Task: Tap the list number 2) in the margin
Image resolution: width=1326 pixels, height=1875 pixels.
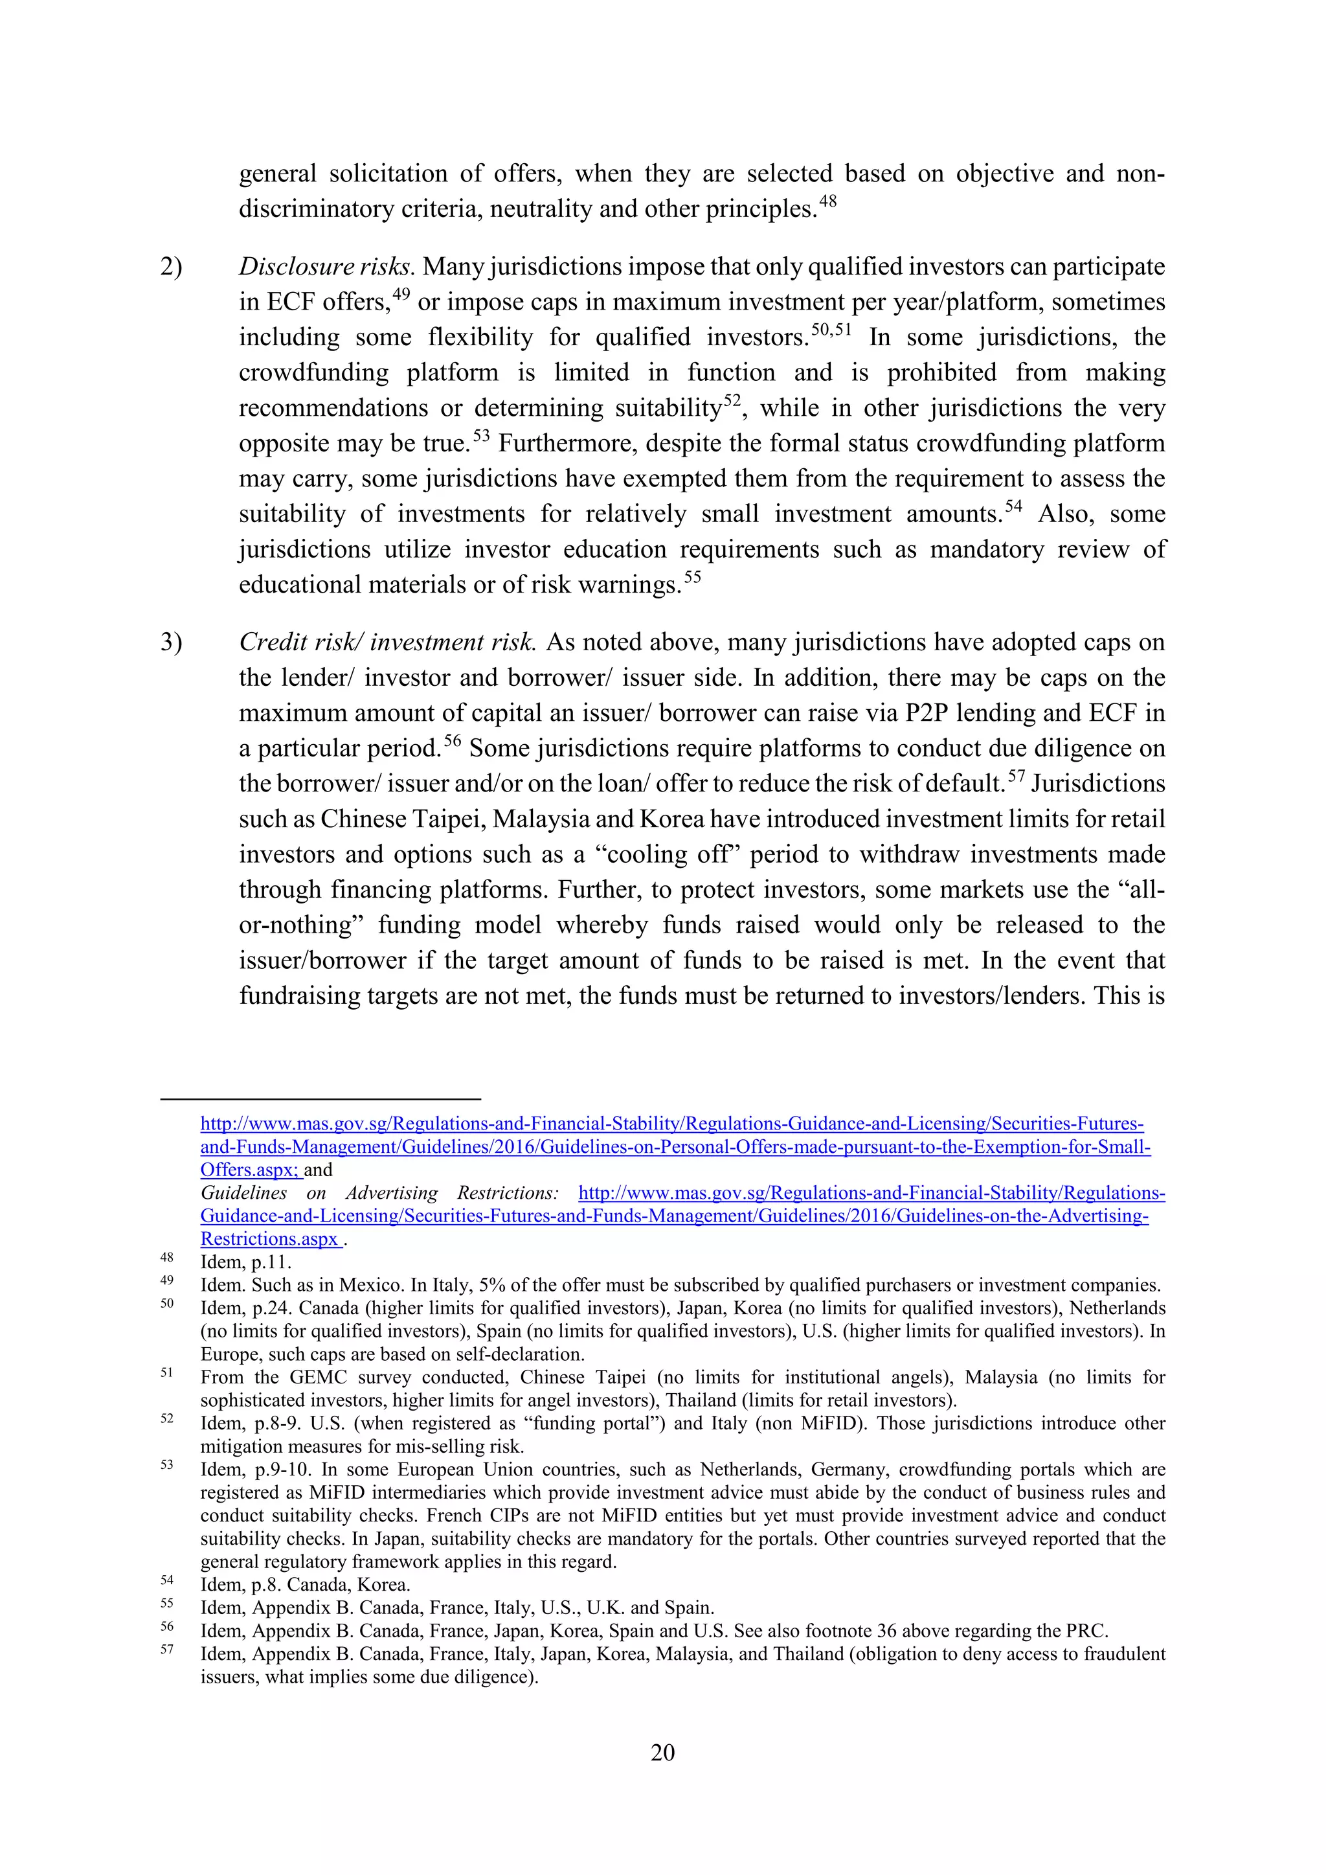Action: click(171, 267)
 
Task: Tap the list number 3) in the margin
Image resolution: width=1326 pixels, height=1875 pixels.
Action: click(171, 642)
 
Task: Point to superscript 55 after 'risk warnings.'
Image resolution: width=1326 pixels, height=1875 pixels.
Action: click(692, 576)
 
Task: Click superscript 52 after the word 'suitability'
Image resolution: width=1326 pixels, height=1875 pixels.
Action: click(732, 400)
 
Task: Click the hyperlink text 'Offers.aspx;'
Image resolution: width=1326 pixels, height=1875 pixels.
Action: click(250, 1170)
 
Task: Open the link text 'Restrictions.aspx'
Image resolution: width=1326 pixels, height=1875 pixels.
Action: click(269, 1239)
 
